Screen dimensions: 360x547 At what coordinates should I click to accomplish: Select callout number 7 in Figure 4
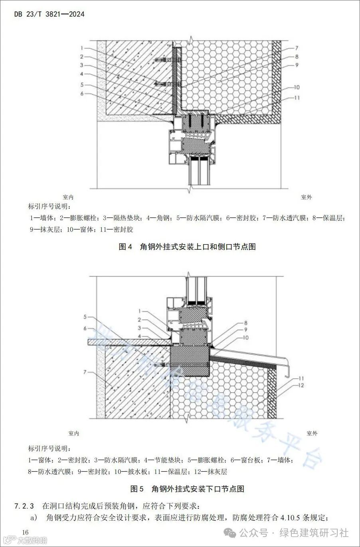click(x=297, y=48)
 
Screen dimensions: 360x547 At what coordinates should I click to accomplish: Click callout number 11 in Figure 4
click(x=297, y=97)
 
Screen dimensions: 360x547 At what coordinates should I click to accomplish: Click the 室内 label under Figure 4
click(x=68, y=197)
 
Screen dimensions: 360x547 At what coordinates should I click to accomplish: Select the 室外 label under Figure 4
click(x=307, y=197)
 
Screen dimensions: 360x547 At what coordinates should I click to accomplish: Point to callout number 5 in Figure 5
click(x=85, y=317)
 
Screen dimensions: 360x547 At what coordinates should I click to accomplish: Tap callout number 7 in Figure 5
click(x=85, y=372)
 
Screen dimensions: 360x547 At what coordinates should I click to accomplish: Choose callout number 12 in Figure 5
click(x=301, y=385)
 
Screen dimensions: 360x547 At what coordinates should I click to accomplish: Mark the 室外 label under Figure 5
click(x=312, y=433)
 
